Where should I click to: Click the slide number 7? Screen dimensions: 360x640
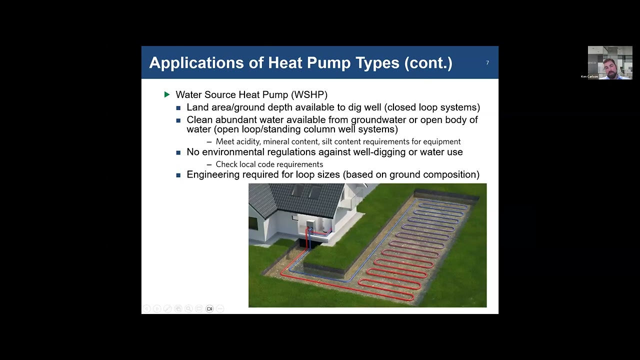coord(487,62)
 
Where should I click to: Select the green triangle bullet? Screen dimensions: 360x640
coord(167,94)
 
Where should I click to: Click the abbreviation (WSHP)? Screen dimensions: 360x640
coord(310,94)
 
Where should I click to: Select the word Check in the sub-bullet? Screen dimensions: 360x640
coord(226,164)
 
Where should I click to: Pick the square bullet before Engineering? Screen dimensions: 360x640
coord(178,175)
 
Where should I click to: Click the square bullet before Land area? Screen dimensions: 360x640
coord(178,107)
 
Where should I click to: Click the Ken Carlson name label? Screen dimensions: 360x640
coord(589,76)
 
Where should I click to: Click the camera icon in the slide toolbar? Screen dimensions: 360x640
coord(209,309)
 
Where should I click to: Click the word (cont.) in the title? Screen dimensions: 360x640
coord(428,63)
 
